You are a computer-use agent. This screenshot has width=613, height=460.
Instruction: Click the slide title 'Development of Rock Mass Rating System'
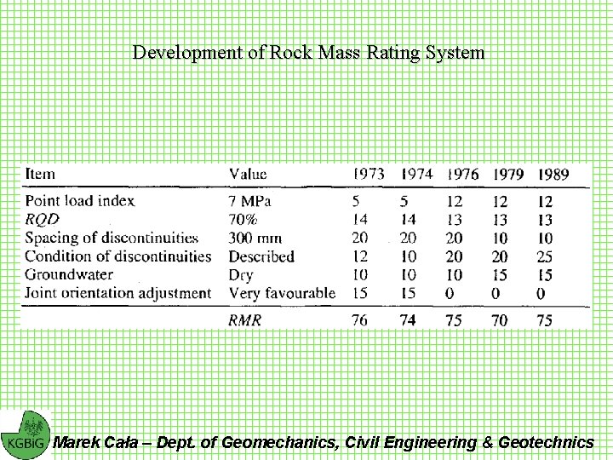coord(308,53)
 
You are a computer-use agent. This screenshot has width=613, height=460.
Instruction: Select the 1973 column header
coord(368,174)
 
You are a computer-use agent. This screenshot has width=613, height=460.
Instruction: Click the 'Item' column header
coord(40,174)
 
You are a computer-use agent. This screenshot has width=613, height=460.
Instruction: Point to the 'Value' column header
coord(248,174)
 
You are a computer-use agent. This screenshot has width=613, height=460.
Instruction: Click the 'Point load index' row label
coord(79,202)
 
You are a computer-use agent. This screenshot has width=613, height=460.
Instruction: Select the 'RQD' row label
coord(42,220)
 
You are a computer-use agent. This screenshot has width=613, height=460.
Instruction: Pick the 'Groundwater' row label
coord(69,274)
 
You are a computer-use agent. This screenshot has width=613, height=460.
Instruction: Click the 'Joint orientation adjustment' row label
coord(117,293)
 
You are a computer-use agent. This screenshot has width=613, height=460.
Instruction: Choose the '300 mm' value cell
coord(255,239)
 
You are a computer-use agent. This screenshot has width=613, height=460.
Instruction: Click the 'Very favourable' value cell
coord(282,293)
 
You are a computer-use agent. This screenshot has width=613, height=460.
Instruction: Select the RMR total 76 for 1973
coord(360,320)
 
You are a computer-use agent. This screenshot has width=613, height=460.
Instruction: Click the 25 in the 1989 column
coord(545,256)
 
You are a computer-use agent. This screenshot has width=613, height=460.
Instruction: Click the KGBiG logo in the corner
coord(25,434)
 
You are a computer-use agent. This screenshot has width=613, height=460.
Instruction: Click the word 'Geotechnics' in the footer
coord(546,442)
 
